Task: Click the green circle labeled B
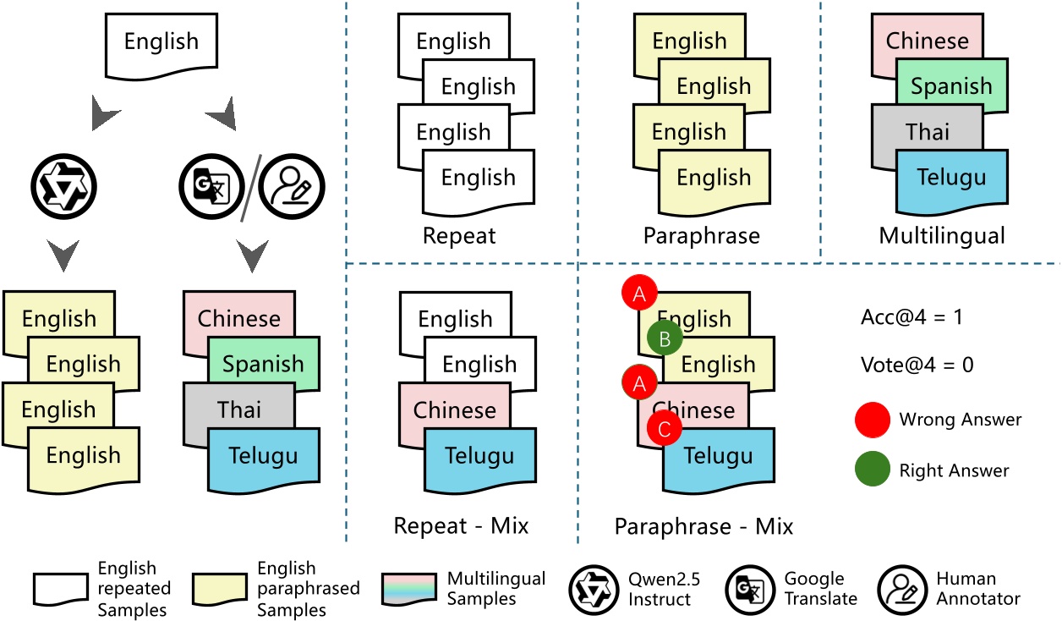pos(665,339)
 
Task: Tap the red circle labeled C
pos(664,428)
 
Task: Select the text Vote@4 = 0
pos(916,365)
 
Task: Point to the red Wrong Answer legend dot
pos(873,420)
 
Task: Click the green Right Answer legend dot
pos(873,470)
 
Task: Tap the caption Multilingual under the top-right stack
pos(942,235)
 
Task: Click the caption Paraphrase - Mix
pos(703,526)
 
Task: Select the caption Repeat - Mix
pos(461,526)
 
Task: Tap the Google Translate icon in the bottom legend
pos(749,589)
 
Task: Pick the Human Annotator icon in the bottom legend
pos(901,589)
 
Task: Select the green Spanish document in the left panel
pos(263,365)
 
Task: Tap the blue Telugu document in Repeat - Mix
pos(479,457)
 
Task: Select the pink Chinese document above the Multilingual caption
pos(927,40)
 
